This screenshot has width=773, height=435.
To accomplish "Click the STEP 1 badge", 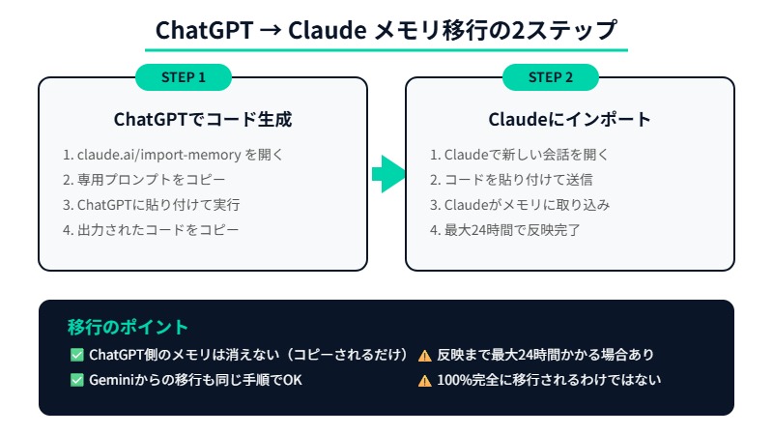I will (184, 77).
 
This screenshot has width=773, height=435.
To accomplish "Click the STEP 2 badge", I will (551, 77).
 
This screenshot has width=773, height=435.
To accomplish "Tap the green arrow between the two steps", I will (387, 174).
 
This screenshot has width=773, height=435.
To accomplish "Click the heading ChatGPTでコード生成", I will (203, 120).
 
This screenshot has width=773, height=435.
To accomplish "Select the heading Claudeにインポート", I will (569, 120).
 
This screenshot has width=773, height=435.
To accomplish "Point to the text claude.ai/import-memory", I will (159, 155).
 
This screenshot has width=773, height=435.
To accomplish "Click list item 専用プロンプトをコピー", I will (144, 180).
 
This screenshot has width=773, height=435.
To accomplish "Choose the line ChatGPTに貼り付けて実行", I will (151, 205).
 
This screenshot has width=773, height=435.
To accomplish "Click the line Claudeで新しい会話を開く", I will (519, 155).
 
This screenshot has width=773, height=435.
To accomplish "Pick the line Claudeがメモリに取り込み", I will (520, 205).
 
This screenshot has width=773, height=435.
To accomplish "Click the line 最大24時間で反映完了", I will (506, 230).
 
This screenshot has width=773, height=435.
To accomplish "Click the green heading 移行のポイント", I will (128, 327).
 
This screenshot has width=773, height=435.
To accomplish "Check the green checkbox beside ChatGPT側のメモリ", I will (77, 355).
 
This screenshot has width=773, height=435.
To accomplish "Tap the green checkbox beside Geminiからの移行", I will (77, 380).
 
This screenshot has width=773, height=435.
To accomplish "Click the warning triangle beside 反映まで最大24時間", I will (424, 356).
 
